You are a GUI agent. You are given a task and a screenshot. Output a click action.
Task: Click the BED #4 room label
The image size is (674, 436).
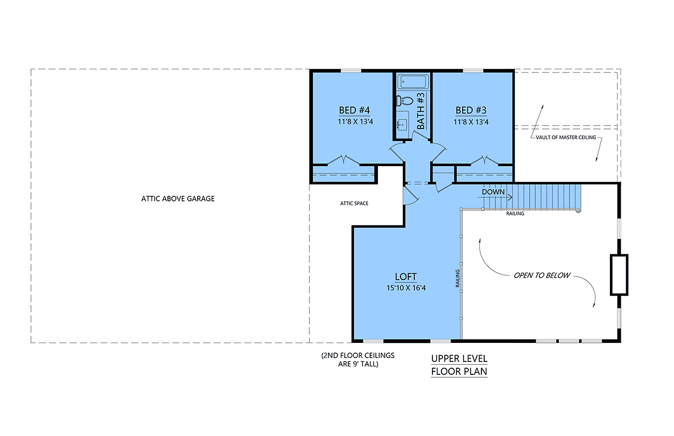click(x=354, y=111)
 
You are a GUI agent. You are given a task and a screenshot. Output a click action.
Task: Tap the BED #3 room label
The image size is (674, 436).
click(x=471, y=111)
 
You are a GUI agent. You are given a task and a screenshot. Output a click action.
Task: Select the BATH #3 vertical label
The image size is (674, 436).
click(x=421, y=111)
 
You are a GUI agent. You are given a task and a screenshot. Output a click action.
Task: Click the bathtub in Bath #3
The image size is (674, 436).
click(x=413, y=81)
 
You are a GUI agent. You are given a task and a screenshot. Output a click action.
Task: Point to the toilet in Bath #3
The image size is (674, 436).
click(x=405, y=100)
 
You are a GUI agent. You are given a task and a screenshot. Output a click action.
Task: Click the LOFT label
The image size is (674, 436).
click(x=406, y=277)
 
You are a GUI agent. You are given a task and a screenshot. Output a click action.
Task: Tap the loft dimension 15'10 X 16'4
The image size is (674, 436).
click(x=406, y=288)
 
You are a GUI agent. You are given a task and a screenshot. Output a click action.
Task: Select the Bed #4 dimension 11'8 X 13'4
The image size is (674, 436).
click(x=355, y=122)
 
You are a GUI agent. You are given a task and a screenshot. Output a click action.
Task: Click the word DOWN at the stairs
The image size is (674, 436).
click(x=493, y=192)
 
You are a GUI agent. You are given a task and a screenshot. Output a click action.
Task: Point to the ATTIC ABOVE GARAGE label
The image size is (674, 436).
click(x=178, y=199)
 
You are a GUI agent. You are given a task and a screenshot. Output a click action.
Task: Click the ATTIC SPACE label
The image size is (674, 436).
click(x=354, y=204)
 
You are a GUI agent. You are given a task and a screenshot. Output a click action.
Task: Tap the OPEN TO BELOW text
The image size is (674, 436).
click(x=541, y=276)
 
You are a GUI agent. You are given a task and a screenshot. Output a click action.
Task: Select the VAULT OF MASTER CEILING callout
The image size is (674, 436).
click(x=566, y=137)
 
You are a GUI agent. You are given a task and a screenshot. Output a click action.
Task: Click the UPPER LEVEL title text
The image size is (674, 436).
click(x=459, y=359)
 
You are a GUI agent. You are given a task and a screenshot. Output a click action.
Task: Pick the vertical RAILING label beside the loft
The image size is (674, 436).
click(x=457, y=278)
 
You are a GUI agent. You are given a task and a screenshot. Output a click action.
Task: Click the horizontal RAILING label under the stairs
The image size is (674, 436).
click(x=515, y=213)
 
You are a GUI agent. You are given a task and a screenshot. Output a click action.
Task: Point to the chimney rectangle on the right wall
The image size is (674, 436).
click(x=619, y=275)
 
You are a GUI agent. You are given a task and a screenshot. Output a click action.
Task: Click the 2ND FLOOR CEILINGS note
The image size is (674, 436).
click(x=358, y=360)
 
